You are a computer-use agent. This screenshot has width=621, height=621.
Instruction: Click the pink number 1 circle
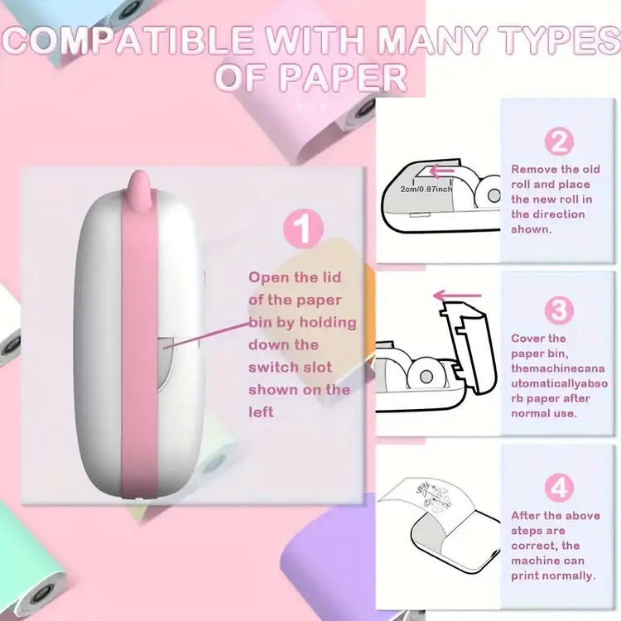pos(303,229)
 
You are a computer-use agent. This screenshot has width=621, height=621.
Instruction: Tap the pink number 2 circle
pos(559,142)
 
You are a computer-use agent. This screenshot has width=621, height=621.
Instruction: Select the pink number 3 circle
pos(559,310)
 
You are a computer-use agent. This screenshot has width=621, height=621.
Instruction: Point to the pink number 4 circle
pos(559,487)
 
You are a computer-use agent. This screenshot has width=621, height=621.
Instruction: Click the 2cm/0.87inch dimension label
pos(426,189)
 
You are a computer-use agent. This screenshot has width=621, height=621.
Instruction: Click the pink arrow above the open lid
pos(457,296)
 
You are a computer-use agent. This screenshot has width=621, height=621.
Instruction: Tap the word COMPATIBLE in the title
pos(128,41)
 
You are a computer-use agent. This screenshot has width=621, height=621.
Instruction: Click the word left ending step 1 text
pos(261,412)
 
